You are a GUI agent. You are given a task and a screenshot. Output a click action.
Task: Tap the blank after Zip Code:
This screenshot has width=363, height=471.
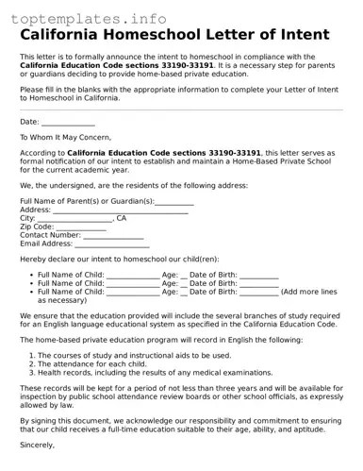[81, 227]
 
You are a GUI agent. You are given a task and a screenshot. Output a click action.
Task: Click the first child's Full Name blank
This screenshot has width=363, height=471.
[133, 276]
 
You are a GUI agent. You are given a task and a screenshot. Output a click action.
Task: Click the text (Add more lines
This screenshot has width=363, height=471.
[308, 292]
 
